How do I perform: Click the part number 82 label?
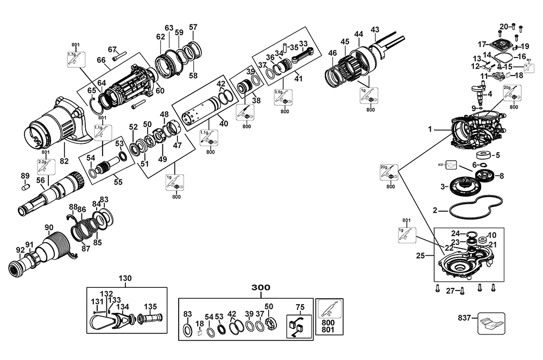[x=65, y=161]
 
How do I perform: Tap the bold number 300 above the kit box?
[x=260, y=287]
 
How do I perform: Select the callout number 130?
[x=125, y=278]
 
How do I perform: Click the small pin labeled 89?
[x=24, y=187]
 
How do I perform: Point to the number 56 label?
[x=40, y=180]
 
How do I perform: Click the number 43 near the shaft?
[x=375, y=29]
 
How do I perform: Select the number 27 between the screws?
[x=450, y=291]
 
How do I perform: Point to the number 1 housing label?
[x=430, y=130]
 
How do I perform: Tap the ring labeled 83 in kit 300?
[x=187, y=330]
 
